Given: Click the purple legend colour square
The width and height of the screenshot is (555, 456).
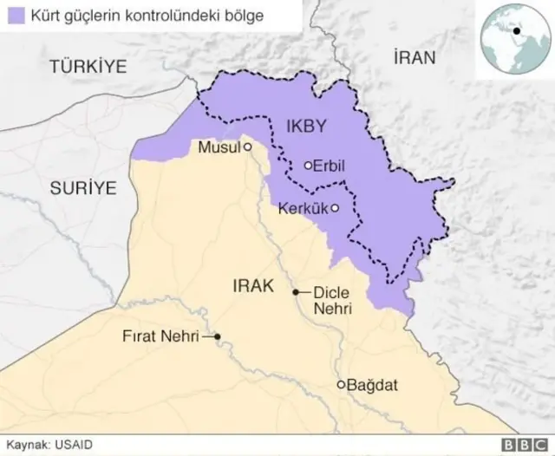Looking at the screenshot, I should (x=15, y=16).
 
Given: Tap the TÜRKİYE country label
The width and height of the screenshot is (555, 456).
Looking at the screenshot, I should (x=88, y=66).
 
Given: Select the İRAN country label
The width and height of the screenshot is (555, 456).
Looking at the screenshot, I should (x=413, y=58).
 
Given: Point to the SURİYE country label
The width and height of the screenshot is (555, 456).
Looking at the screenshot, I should (x=82, y=187).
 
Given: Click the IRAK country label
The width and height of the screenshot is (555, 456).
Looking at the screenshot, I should (x=253, y=285).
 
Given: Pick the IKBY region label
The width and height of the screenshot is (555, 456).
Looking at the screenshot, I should (x=306, y=127).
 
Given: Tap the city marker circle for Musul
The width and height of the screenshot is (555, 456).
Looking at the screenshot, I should (x=247, y=147).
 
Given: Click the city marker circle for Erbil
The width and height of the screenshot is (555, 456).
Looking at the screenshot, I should (x=308, y=165).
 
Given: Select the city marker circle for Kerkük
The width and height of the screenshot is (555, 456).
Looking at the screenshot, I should (x=335, y=208).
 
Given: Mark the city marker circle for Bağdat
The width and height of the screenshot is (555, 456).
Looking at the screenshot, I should (x=341, y=384).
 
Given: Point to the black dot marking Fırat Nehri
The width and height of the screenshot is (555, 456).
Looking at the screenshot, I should (x=218, y=336).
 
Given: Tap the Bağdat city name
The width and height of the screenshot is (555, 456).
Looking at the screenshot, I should (x=372, y=384).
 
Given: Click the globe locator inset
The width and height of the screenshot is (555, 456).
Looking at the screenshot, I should (x=515, y=37).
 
